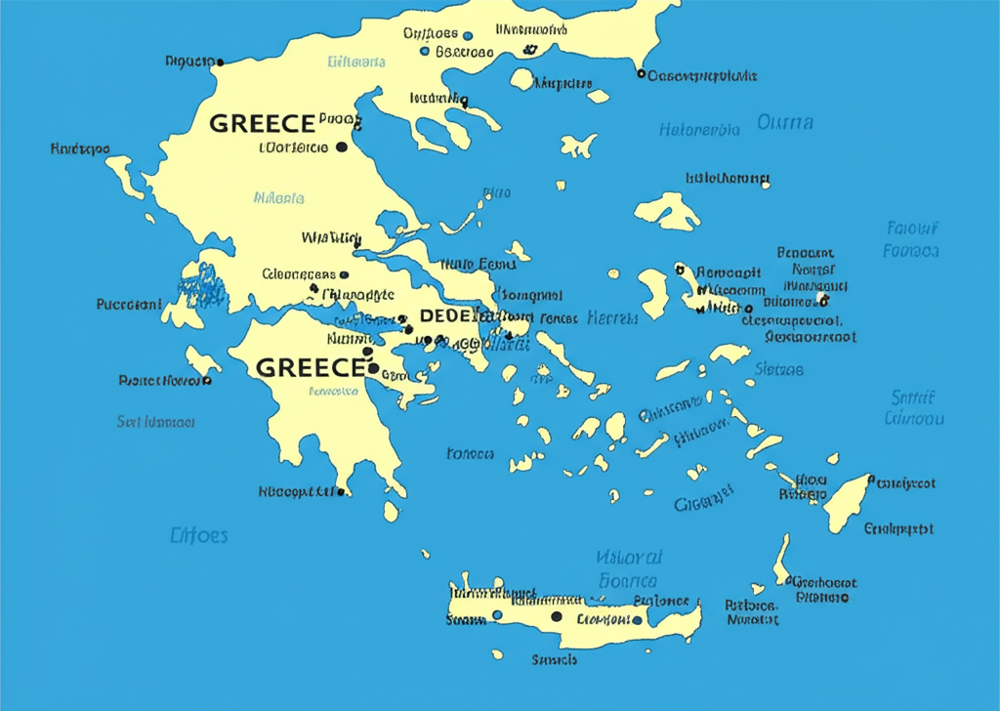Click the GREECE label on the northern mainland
tap(263, 124)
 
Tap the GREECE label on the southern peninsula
tap(309, 367)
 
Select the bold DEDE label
tap(445, 315)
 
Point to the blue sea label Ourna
tap(785, 123)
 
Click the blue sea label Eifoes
tap(199, 535)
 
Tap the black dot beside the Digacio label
tap(220, 63)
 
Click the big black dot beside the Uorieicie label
tap(341, 147)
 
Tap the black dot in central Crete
tap(557, 616)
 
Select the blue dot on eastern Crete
tap(637, 620)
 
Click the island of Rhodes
tap(847, 500)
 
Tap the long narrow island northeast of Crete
tap(782, 560)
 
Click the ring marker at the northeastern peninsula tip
tap(641, 73)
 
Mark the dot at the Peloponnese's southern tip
tap(340, 492)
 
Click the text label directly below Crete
tap(554, 660)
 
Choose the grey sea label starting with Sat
tap(156, 422)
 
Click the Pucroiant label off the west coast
tap(129, 305)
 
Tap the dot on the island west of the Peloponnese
tap(207, 380)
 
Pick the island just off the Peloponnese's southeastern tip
tap(391, 511)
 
